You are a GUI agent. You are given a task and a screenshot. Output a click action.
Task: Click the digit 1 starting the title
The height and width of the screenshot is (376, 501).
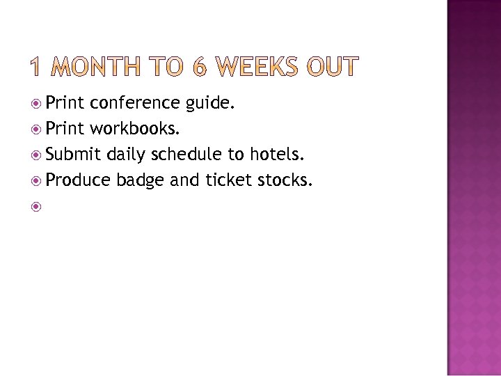pos(39,68)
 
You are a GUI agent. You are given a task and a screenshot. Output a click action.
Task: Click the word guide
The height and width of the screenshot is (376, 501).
pos(210,104)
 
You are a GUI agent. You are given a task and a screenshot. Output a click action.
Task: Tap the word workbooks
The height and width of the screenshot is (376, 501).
pos(134,130)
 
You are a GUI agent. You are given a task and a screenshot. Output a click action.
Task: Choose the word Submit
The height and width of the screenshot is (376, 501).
pos(73,155)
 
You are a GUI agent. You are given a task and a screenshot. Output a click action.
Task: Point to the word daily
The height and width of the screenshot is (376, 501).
pos(125,155)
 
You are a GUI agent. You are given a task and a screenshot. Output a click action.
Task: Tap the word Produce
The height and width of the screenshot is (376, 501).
pos(78,180)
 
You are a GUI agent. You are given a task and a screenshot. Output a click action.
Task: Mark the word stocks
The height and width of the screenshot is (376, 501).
pos(285,180)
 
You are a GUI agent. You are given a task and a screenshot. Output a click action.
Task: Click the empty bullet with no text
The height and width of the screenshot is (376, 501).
pos(37,207)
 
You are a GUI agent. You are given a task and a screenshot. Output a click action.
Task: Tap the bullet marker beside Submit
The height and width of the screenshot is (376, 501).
pos(37,155)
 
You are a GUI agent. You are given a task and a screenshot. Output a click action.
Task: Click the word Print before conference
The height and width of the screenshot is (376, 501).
pos(65,104)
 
